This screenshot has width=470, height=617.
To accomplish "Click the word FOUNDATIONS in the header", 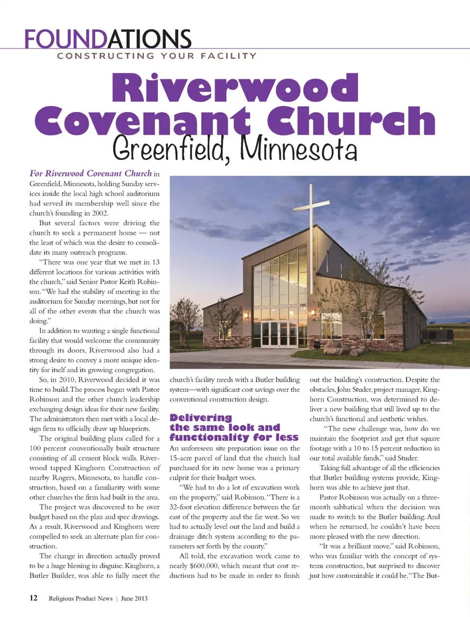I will click(x=108, y=39).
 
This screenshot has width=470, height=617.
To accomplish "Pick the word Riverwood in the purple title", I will click(x=235, y=88).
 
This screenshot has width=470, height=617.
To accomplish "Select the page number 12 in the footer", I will click(x=33, y=598).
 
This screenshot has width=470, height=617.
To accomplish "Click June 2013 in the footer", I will click(x=134, y=598).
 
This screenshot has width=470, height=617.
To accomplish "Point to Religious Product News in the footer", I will click(x=80, y=598).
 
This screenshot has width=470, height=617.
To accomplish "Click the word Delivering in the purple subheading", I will click(x=201, y=418).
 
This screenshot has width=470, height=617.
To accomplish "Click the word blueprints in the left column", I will click(x=131, y=428).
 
